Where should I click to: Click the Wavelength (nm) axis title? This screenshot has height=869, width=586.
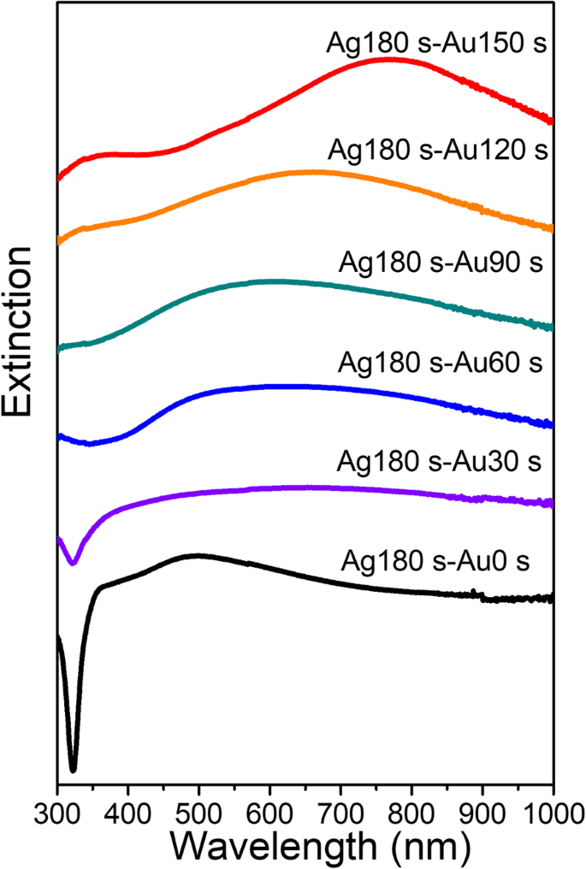321,844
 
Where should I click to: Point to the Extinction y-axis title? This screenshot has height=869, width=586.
21,333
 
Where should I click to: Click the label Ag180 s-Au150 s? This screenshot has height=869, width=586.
437,42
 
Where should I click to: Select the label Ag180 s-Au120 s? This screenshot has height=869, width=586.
437,151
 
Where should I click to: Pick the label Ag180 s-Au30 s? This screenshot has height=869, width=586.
441,462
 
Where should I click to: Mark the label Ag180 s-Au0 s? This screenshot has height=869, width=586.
436,562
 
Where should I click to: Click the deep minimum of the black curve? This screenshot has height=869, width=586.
73,769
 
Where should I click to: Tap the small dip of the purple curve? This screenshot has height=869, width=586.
73,562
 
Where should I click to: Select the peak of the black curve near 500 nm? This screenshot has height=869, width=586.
198,556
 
